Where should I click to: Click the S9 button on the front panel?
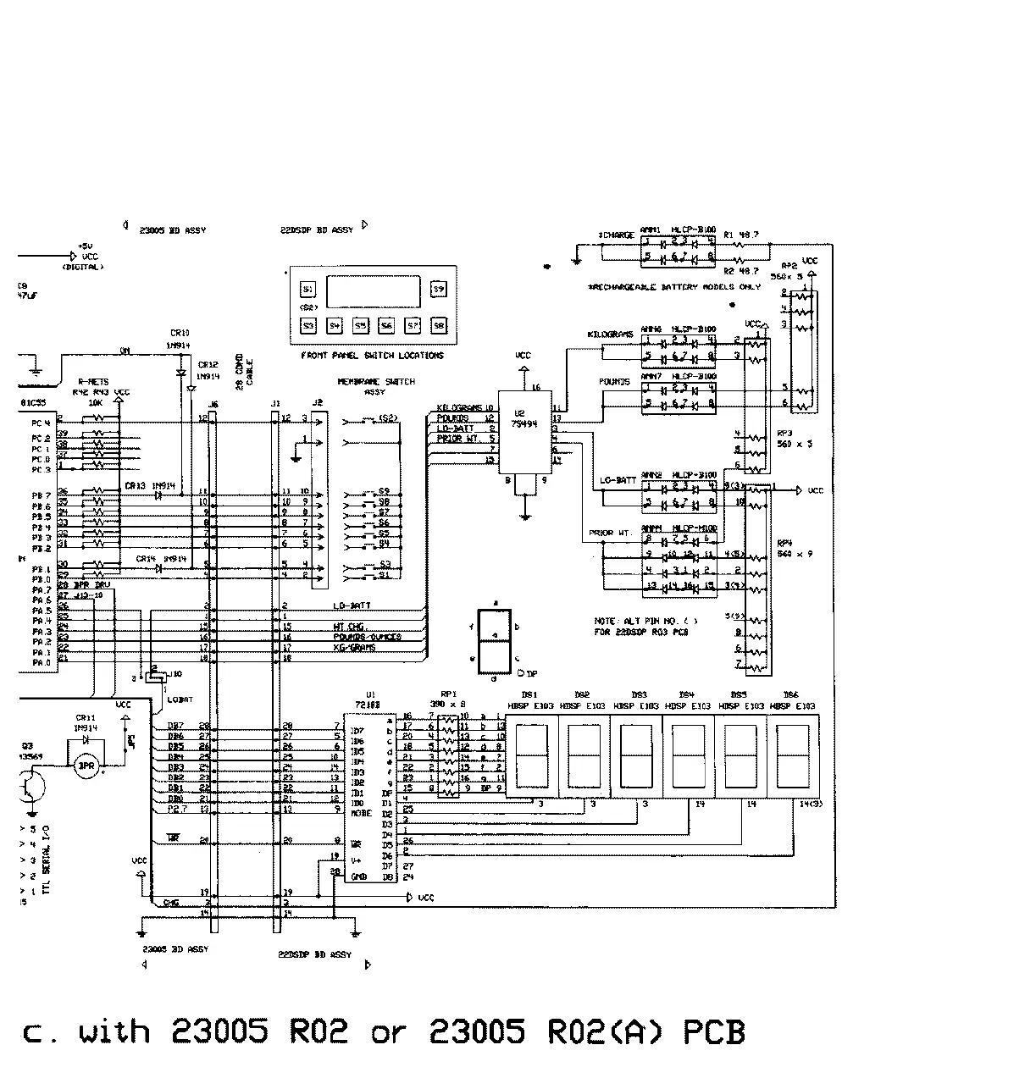coord(438,289)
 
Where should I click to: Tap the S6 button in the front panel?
coord(386,325)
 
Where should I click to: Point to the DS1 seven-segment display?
coord(531,756)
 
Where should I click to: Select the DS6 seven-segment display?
coord(793,756)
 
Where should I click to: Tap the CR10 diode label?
coord(180,333)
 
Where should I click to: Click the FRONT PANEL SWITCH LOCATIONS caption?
coord(372,356)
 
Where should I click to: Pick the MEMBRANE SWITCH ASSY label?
coord(376,386)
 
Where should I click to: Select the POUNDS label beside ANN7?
coord(615,382)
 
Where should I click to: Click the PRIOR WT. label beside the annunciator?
coord(611,533)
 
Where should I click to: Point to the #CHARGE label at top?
coord(616,235)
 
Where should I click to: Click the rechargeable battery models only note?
coord(674,287)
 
